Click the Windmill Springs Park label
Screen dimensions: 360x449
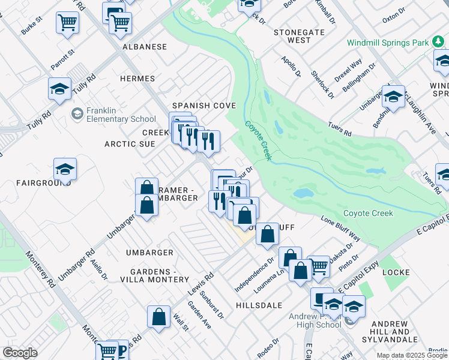388,43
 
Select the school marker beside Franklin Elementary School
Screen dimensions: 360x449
77,113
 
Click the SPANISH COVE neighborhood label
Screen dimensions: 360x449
204,106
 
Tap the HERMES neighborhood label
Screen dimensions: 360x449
137,79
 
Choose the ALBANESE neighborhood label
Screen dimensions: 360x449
144,46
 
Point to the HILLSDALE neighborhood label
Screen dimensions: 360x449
259,305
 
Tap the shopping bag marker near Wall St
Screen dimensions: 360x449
158,319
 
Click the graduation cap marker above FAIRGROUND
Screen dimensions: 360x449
65,170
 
